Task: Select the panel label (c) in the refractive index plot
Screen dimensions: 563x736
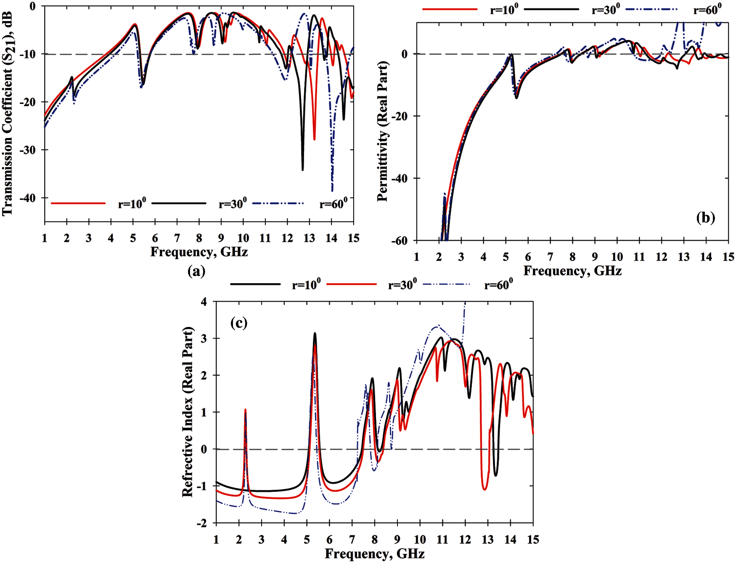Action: pos(239,323)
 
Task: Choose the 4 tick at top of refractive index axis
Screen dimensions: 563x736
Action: pos(204,302)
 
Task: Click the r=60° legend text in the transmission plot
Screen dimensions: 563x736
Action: pos(333,203)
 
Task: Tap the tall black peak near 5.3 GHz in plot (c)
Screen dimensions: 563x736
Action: pos(315,334)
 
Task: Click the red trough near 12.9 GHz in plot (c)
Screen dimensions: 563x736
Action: pos(484,490)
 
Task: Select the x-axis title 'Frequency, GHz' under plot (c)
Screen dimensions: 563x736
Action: pos(375,554)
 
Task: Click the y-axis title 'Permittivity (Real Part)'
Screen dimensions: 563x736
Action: pos(383,131)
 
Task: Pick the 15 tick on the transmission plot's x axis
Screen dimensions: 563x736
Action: pos(353,238)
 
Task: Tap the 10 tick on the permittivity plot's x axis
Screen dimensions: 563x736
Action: pos(617,257)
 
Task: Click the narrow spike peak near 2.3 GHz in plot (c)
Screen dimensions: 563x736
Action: pos(245,409)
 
